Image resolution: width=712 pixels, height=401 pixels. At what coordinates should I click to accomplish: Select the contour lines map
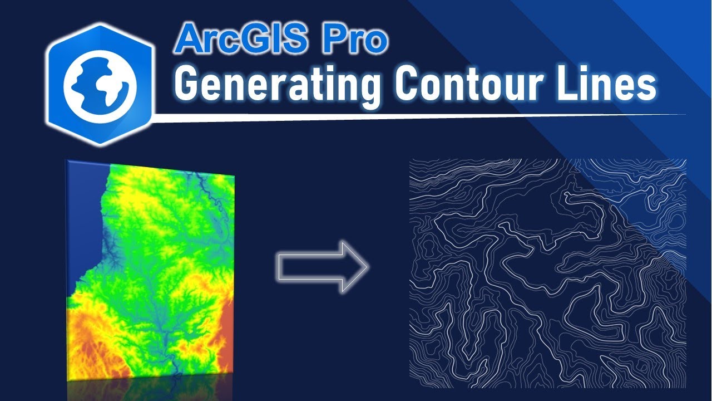547,273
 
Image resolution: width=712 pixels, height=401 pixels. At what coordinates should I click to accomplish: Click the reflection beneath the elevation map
150,390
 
